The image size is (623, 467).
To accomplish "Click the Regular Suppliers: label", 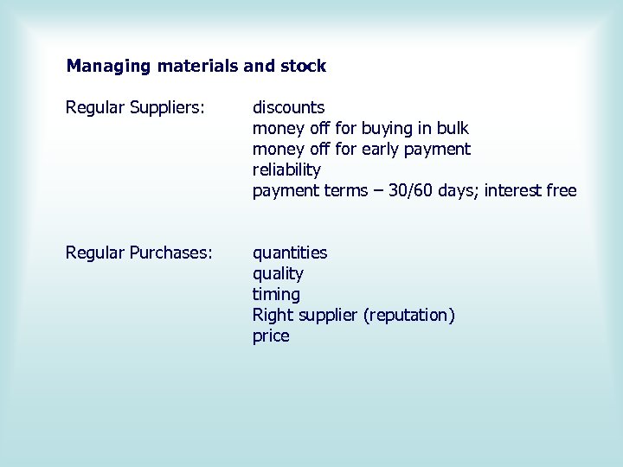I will [x=136, y=107].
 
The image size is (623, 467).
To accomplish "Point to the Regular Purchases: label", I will [x=139, y=253].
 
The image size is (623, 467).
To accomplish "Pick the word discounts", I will [x=289, y=107].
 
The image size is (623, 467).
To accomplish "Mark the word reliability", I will [x=286, y=170].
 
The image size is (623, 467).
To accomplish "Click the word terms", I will [x=344, y=190].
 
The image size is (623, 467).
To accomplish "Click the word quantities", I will [x=290, y=253].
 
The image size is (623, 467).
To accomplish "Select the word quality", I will [x=278, y=273].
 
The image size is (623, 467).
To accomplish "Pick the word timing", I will [x=276, y=294].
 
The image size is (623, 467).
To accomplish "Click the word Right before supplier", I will [x=273, y=315].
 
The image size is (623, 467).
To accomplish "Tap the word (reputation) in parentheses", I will [x=409, y=315].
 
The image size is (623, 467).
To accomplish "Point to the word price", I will [x=271, y=336].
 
